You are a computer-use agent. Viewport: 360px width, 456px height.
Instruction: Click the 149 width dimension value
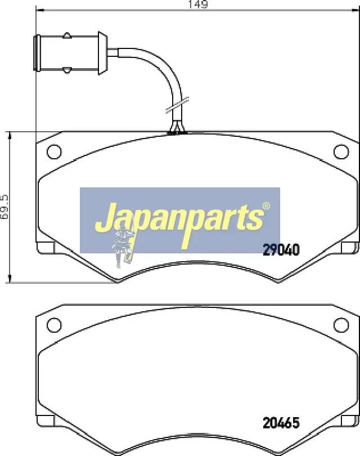point(198,4)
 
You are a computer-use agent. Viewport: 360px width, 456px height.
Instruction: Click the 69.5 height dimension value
point(4,207)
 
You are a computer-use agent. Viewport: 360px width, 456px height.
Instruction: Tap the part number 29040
point(281,249)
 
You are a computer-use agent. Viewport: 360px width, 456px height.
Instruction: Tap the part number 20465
point(281,423)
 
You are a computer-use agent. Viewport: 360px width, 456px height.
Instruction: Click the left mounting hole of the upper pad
point(54,151)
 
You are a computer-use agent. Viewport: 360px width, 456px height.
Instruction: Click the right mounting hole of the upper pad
point(341,151)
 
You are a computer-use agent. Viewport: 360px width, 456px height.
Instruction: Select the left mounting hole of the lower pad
point(54,325)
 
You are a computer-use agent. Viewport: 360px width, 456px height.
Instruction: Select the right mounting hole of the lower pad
point(341,325)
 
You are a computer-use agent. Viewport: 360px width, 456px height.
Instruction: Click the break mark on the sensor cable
point(177,105)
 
